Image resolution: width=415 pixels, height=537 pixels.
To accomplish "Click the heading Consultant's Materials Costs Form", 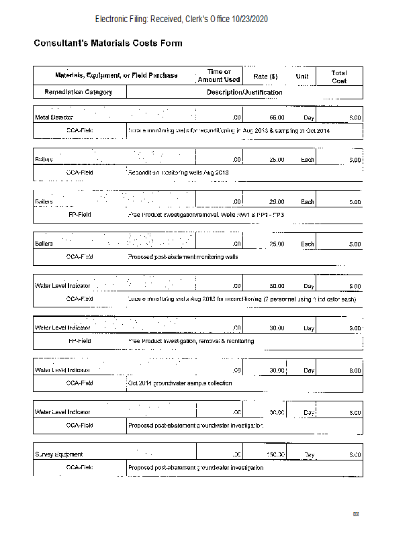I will (x=108, y=44).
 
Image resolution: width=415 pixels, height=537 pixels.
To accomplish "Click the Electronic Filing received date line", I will (x=181, y=19).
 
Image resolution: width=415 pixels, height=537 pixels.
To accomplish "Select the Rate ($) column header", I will (x=265, y=76).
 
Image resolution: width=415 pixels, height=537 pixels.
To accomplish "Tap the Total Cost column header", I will (x=338, y=76).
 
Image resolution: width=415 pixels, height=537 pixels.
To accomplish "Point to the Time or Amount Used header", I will (x=219, y=76).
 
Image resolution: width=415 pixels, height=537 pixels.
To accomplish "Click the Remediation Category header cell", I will (x=79, y=92).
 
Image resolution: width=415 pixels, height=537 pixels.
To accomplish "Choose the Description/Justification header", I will (x=244, y=92).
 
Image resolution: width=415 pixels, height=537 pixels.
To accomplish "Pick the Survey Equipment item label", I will (x=58, y=454).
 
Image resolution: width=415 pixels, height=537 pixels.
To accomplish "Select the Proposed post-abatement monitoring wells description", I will (x=183, y=257).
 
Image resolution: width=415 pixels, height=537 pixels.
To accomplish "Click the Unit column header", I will (x=302, y=76).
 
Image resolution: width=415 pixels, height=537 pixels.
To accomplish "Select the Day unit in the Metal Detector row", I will (x=309, y=118).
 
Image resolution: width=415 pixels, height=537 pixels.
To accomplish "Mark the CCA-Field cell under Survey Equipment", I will (x=79, y=467).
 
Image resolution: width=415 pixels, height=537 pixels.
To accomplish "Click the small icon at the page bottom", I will (x=356, y=514).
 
